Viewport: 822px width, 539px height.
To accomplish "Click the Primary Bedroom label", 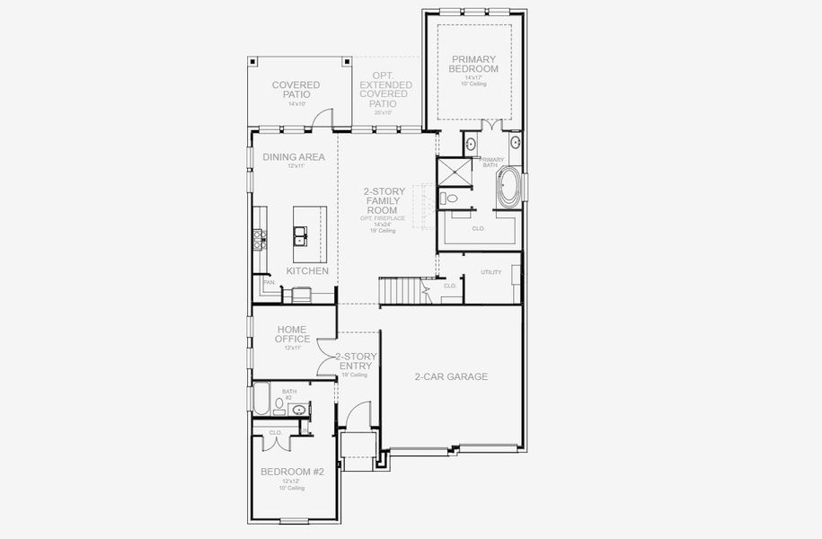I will pyautogui.click(x=474, y=64).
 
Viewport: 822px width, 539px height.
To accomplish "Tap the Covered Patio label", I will pyautogui.click(x=296, y=90).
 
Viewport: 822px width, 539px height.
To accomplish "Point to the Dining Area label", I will pyautogui.click(x=294, y=157).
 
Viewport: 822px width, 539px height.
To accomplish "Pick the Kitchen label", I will pyautogui.click(x=307, y=270).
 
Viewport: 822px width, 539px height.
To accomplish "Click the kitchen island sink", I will pyautogui.click(x=302, y=237).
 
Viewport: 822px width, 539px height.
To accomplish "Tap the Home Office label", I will pyautogui.click(x=293, y=334).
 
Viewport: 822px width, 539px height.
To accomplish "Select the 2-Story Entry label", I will pyautogui.click(x=356, y=362).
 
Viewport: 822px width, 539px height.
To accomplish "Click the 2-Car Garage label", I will pyautogui.click(x=451, y=376).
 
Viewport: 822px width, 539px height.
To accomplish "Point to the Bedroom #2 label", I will pyautogui.click(x=292, y=472).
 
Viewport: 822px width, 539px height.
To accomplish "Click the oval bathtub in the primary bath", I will pyautogui.click(x=508, y=186).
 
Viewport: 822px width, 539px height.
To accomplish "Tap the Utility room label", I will pyautogui.click(x=491, y=271).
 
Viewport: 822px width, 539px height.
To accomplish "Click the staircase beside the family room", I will pyautogui.click(x=400, y=291).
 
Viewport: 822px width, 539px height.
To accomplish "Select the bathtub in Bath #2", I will pyautogui.click(x=261, y=399).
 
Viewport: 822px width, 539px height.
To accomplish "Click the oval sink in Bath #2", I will pyautogui.click(x=299, y=411).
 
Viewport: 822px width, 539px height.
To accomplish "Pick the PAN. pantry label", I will pyautogui.click(x=269, y=282).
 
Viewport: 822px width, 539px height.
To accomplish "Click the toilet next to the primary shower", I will pyautogui.click(x=450, y=198).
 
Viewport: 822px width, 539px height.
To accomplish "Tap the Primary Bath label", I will pyautogui.click(x=493, y=163).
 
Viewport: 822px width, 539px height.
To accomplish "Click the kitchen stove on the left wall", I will pyautogui.click(x=260, y=238).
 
